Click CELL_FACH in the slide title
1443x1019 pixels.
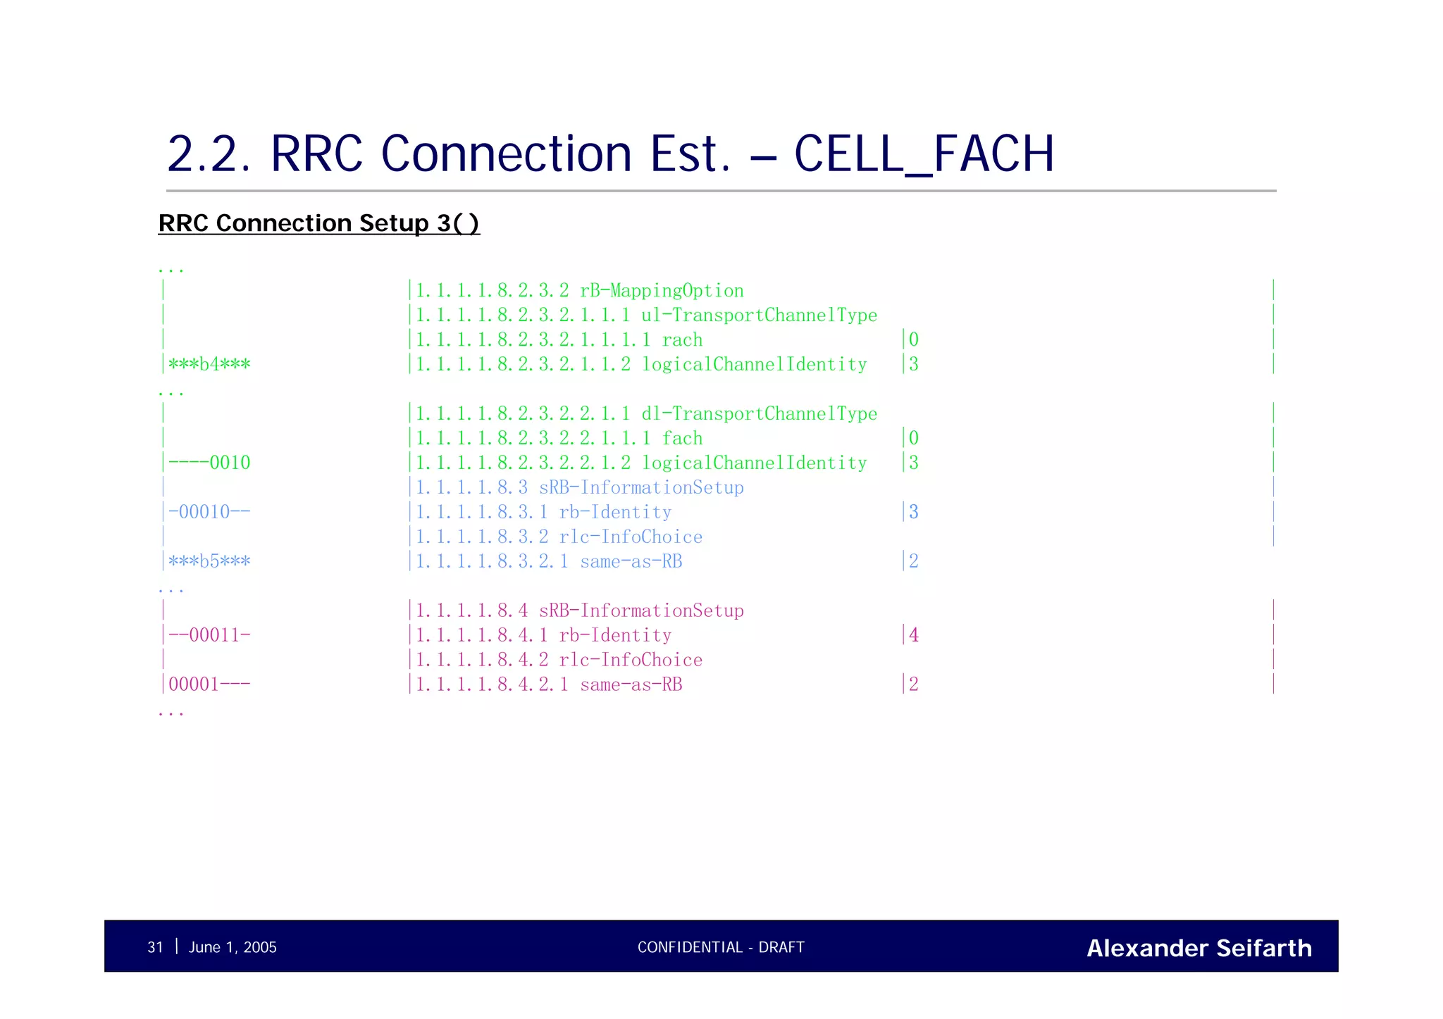point(924,154)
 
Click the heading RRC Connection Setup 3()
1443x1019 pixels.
point(318,223)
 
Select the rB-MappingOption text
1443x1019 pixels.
point(661,291)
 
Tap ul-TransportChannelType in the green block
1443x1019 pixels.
point(759,315)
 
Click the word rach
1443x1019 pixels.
point(682,340)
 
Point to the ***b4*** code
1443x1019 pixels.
point(209,365)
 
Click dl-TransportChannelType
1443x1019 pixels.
point(759,414)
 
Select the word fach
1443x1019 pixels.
point(682,439)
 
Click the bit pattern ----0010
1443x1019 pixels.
point(209,463)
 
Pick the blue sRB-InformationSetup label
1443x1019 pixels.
point(640,488)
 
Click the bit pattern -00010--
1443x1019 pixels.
point(209,513)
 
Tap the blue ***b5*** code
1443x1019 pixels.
point(209,562)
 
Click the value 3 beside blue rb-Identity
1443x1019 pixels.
point(913,513)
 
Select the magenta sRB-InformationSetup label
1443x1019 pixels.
point(640,611)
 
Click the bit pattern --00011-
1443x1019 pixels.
point(209,636)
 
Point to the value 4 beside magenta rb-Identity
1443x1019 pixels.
point(913,636)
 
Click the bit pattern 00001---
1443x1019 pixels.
point(209,684)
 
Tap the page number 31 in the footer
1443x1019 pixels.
point(155,948)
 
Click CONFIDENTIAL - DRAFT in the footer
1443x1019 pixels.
point(721,948)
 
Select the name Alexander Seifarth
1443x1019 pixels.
point(1199,949)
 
